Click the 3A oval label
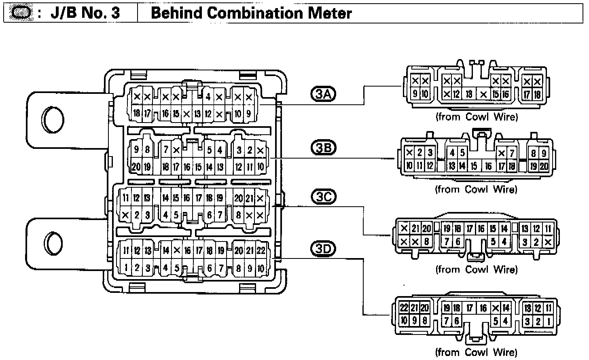(x=323, y=94)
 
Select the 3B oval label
(x=323, y=148)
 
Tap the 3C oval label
(x=323, y=197)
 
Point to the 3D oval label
(x=323, y=248)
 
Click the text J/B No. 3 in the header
(x=85, y=13)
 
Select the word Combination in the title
(x=251, y=13)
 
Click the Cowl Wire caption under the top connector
(x=476, y=117)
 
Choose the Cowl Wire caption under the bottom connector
(x=476, y=352)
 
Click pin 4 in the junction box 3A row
(x=208, y=97)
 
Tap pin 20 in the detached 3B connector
(x=544, y=166)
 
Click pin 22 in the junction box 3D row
(x=261, y=251)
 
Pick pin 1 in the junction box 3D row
(x=126, y=267)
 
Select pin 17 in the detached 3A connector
(x=527, y=95)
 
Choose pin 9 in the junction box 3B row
(x=136, y=150)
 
